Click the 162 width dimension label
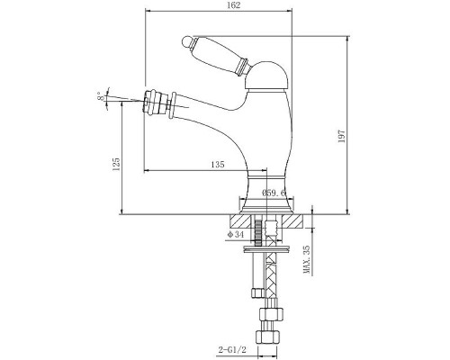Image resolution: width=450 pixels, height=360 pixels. tap(234, 5)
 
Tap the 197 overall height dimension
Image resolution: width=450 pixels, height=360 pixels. tap(342, 136)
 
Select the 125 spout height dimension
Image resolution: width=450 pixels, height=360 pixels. tap(116, 165)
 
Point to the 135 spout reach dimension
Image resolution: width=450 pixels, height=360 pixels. tap(218, 165)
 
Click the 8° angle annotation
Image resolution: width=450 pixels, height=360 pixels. tap(101, 96)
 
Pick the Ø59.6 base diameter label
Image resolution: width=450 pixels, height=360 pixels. tap(274, 193)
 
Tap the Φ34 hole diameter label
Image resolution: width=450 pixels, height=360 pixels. tap(236, 235)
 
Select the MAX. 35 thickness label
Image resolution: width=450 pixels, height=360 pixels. tap(307, 259)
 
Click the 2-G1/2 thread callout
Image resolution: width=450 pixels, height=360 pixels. tap(232, 349)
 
